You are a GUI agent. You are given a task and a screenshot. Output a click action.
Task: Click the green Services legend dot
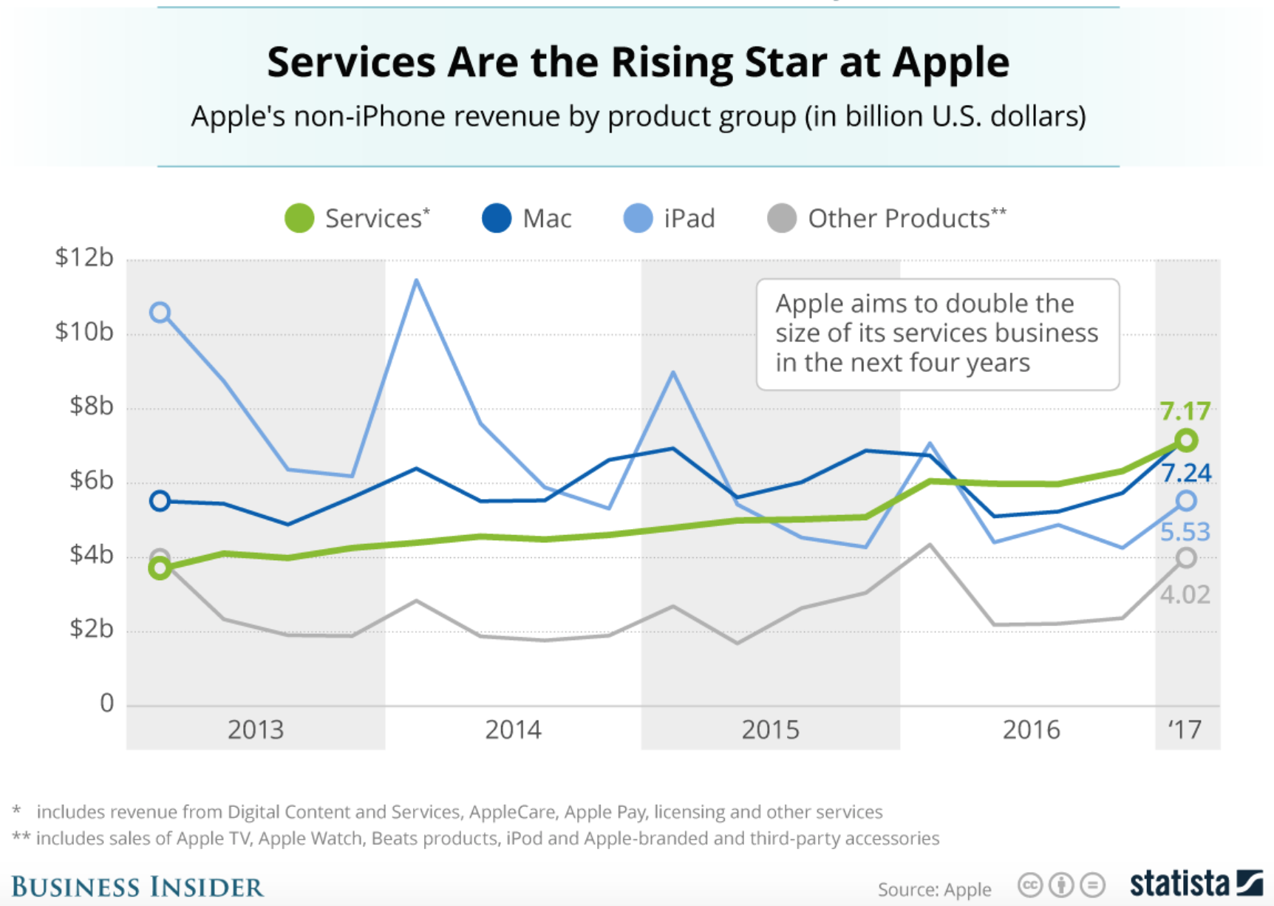299,219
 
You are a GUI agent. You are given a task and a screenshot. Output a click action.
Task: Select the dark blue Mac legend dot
497,219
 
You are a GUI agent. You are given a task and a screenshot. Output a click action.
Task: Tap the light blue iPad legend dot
638,219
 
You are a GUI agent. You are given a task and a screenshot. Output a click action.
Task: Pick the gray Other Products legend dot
782,219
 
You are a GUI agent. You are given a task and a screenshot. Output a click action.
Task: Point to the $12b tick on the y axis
84,258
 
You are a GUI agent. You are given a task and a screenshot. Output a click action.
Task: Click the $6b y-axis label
92,481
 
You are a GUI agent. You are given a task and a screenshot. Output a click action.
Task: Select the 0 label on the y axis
107,704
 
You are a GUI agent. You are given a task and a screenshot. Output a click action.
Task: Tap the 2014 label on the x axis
513,730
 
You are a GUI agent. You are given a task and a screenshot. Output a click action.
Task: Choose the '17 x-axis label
1185,730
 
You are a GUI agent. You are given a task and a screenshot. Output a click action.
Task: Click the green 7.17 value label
1185,411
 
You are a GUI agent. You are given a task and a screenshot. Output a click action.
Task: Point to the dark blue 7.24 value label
1186,473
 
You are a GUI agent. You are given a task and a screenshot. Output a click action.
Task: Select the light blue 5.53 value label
1185,532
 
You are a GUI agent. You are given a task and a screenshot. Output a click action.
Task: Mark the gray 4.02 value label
1185,595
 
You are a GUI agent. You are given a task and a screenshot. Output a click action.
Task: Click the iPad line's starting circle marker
160,313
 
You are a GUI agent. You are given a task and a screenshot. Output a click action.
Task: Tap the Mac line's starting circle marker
160,501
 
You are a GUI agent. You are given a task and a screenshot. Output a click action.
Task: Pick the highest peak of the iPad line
417,281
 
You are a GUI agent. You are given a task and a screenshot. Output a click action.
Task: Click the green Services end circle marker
1186,441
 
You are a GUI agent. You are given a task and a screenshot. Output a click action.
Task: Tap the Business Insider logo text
137,887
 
